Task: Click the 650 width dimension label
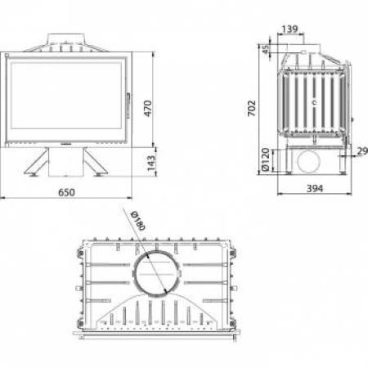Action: click(66, 192)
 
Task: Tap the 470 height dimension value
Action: click(148, 109)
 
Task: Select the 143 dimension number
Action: click(151, 163)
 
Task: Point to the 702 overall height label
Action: click(252, 108)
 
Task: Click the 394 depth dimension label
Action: click(315, 188)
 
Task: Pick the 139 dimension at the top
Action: click(289, 29)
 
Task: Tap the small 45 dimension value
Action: click(265, 49)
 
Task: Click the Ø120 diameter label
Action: click(266, 159)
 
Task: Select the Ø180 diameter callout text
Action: click(138, 221)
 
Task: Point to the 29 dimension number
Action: click(362, 151)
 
